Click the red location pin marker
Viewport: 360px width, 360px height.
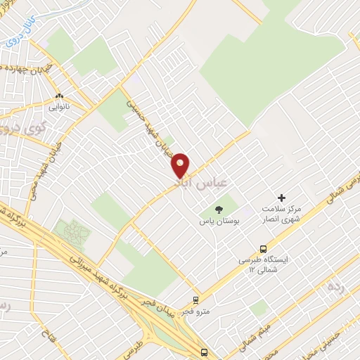click(x=181, y=165)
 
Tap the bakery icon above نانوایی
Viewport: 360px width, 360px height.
click(x=59, y=96)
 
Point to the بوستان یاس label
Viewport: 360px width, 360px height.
click(x=218, y=221)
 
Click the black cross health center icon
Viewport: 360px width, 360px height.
click(x=282, y=198)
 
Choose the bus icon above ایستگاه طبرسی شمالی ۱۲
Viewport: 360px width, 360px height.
click(x=263, y=248)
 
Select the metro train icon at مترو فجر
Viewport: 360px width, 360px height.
click(x=195, y=300)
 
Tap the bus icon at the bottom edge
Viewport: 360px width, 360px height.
click(x=204, y=352)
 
